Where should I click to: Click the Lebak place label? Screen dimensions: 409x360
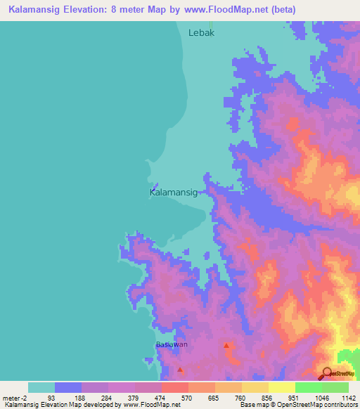pos(201,32)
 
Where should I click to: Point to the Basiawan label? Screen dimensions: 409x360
pos(172,344)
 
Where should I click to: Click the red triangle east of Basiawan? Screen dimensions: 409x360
pos(226,346)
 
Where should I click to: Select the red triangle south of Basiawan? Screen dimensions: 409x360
pos(181,370)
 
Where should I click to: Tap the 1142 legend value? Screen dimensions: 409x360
pos(348,398)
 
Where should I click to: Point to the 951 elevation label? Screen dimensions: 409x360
pos(294,398)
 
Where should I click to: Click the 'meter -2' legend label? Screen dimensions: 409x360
pos(15,398)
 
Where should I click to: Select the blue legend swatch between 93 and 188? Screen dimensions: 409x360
pos(68,387)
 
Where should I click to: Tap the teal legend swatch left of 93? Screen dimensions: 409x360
pos(41,387)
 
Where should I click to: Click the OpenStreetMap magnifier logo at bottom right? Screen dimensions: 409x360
pos(327,374)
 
